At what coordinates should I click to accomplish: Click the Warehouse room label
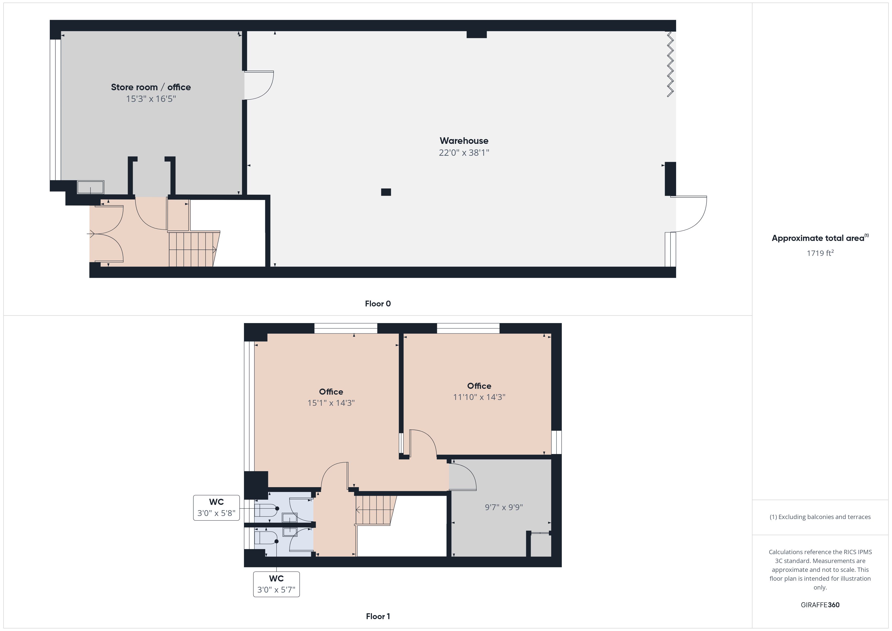(464, 141)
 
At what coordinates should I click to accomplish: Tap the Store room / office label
(151, 87)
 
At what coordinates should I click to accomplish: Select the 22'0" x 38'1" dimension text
(464, 153)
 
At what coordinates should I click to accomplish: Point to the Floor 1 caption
(378, 617)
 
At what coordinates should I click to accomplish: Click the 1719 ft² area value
(820, 253)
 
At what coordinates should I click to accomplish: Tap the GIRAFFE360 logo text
(820, 605)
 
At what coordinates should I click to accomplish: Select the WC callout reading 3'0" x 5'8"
(216, 507)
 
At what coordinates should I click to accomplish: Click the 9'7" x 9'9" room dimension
(504, 507)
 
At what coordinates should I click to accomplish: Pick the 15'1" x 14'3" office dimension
(331, 403)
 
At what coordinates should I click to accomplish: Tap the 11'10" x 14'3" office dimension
(479, 397)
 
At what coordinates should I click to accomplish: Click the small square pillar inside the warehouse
(386, 192)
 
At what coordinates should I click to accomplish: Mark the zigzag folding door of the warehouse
(670, 64)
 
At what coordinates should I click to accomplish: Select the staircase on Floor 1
(375, 510)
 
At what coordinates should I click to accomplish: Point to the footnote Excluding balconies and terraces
(820, 517)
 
